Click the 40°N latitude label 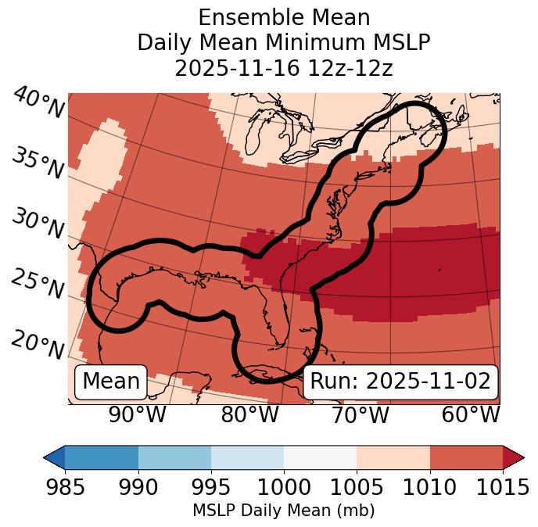38,103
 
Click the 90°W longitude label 137,414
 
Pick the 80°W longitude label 250,414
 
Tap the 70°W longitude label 360,414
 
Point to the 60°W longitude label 471,414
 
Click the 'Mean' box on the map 111,382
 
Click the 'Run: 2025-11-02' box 400,382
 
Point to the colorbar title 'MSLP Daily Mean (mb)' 284,511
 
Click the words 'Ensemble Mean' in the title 284,17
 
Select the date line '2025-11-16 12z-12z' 284,68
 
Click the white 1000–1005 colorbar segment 320,457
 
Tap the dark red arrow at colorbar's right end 514,457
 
